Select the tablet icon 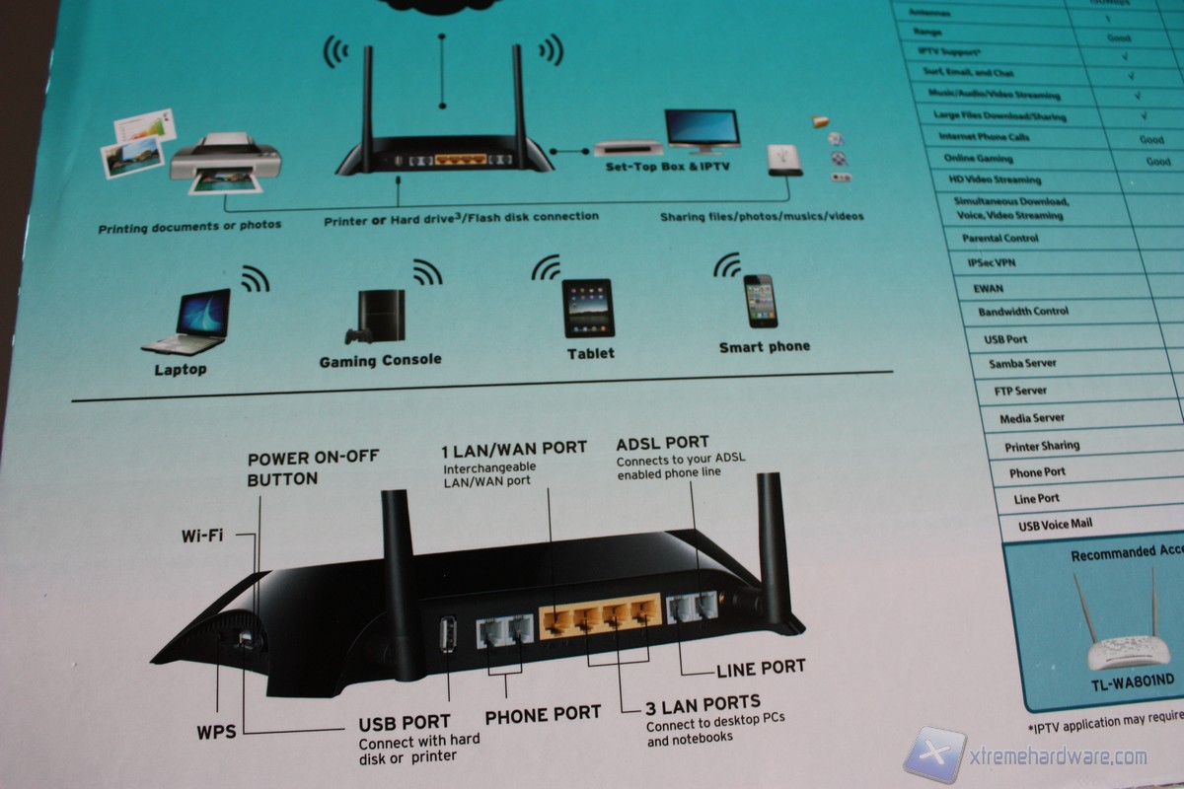point(588,308)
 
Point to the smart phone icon point(761,301)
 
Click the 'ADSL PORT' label point(662,443)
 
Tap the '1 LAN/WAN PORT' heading point(513,448)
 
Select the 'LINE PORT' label point(760,668)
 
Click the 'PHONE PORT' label point(542,713)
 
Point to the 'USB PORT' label point(405,723)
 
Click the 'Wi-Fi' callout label point(202,537)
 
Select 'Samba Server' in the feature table point(1022,364)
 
